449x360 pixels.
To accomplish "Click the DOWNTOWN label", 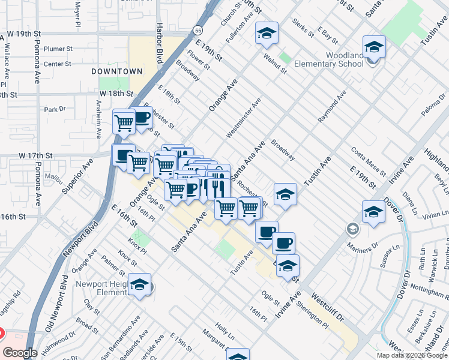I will click(117, 71).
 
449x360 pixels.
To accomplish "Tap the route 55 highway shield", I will click(197, 29).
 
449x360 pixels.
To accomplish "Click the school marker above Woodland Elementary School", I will click(373, 47).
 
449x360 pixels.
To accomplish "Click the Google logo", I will click(20, 353).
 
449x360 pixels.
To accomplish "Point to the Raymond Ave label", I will click(332, 107).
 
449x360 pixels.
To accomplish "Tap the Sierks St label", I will click(303, 27).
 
